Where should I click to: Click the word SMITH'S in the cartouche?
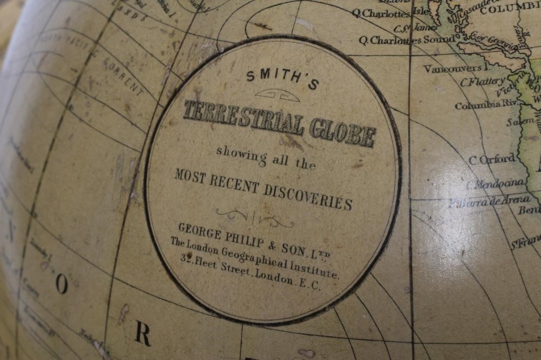[x=282, y=79]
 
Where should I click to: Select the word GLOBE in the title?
[x=342, y=132]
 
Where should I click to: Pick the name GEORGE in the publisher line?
[x=200, y=231]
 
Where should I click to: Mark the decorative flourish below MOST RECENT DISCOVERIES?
[x=255, y=217]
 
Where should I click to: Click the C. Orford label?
[x=492, y=159]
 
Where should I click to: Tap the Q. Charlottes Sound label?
[x=406, y=41]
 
